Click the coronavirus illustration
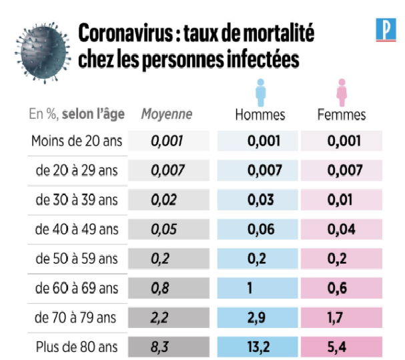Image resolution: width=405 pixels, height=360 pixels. [42, 48]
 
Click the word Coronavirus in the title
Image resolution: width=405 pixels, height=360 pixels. [121, 33]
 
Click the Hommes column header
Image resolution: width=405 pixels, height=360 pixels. [260, 114]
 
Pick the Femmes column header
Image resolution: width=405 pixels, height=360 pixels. [342, 114]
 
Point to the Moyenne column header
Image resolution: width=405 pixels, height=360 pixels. [167, 114]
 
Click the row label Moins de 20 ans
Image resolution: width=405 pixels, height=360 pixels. [75, 141]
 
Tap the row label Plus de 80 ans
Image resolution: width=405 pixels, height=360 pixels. [75, 347]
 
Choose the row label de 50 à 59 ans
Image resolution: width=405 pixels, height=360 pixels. [77, 258]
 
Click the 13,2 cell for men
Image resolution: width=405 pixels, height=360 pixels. [260, 347]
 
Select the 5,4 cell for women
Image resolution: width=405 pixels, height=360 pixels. [342, 347]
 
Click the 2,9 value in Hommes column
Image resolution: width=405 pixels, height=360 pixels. [260, 318]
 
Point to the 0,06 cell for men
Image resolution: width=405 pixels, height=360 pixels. [260, 229]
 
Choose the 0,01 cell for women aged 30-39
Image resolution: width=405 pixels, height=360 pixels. [342, 200]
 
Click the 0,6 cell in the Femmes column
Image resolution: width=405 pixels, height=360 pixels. [342, 289]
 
